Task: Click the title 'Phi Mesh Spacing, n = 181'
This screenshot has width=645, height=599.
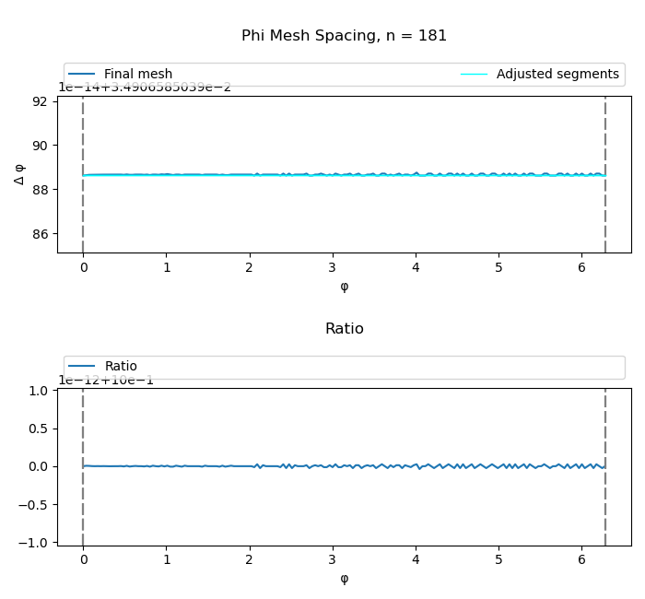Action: tap(344, 36)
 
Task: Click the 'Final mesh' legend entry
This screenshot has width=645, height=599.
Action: tap(137, 75)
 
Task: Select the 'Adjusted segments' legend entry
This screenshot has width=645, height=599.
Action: tap(557, 75)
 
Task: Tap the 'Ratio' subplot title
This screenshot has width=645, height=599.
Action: tap(344, 329)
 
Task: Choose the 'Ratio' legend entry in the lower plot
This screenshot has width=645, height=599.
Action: tap(121, 367)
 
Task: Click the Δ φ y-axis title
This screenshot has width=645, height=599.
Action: tap(20, 174)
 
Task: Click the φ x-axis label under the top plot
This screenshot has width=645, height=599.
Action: tap(344, 287)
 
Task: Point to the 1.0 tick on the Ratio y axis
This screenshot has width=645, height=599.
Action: tap(38, 391)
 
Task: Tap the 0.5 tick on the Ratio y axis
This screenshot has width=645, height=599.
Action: tap(38, 429)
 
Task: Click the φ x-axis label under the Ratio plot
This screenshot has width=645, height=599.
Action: tap(344, 579)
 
